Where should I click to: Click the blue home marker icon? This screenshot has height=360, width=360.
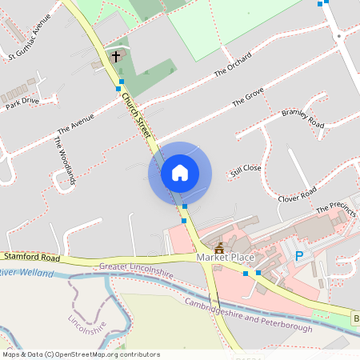(180, 172)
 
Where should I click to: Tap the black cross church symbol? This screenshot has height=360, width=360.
(116, 56)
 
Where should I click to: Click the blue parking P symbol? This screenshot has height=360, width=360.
(300, 256)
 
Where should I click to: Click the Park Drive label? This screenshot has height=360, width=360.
(22, 101)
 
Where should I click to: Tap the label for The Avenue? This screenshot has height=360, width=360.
(76, 123)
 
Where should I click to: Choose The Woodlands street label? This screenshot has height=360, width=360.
(64, 160)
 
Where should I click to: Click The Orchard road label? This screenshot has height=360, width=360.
(233, 65)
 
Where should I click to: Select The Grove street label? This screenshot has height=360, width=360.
(248, 99)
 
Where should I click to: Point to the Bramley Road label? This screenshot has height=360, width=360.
(302, 118)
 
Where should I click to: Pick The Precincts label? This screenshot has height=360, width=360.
(336, 208)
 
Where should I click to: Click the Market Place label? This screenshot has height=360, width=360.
(225, 258)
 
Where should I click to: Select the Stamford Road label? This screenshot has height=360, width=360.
(31, 258)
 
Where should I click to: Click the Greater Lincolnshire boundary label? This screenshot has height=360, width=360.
(136, 272)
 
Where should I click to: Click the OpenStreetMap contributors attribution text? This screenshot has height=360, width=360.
(80, 354)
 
